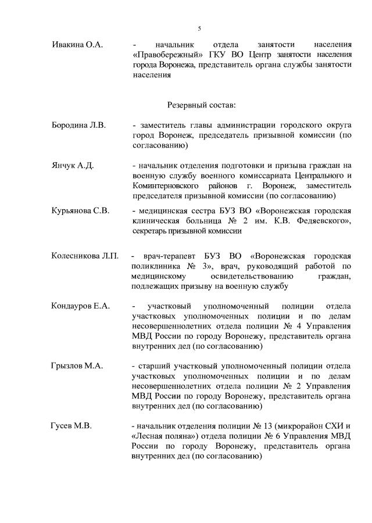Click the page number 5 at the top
click(x=199, y=28)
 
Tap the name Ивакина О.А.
click(x=77, y=45)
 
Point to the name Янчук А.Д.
click(x=73, y=166)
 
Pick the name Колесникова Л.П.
click(x=85, y=256)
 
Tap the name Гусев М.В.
click(x=70, y=427)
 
